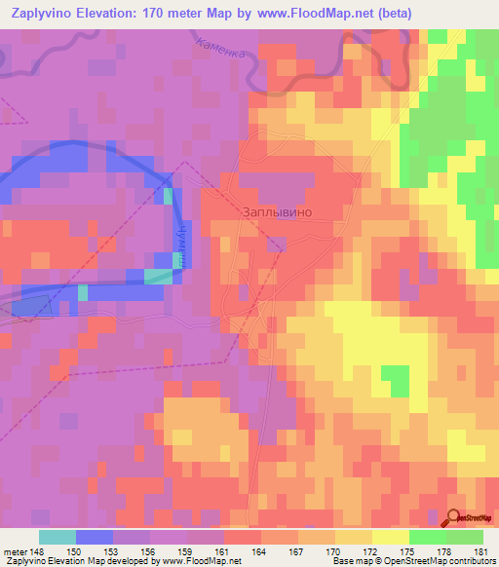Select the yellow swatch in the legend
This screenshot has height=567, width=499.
click(x=390, y=537)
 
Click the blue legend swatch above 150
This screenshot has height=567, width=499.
click(x=94, y=537)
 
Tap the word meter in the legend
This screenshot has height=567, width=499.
click(x=14, y=551)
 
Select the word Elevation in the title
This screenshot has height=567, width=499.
click(x=104, y=13)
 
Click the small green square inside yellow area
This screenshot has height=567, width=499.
click(x=395, y=377)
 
